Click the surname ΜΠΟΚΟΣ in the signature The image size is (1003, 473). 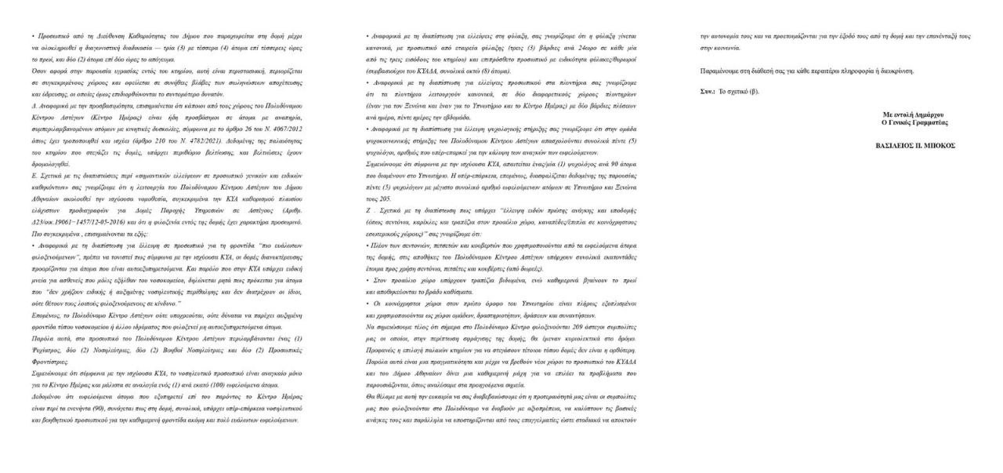(x=941, y=146)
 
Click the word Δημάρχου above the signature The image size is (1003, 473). (x=931, y=115)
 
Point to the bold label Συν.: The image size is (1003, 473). (x=708, y=92)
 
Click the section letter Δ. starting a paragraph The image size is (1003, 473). (x=34, y=103)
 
